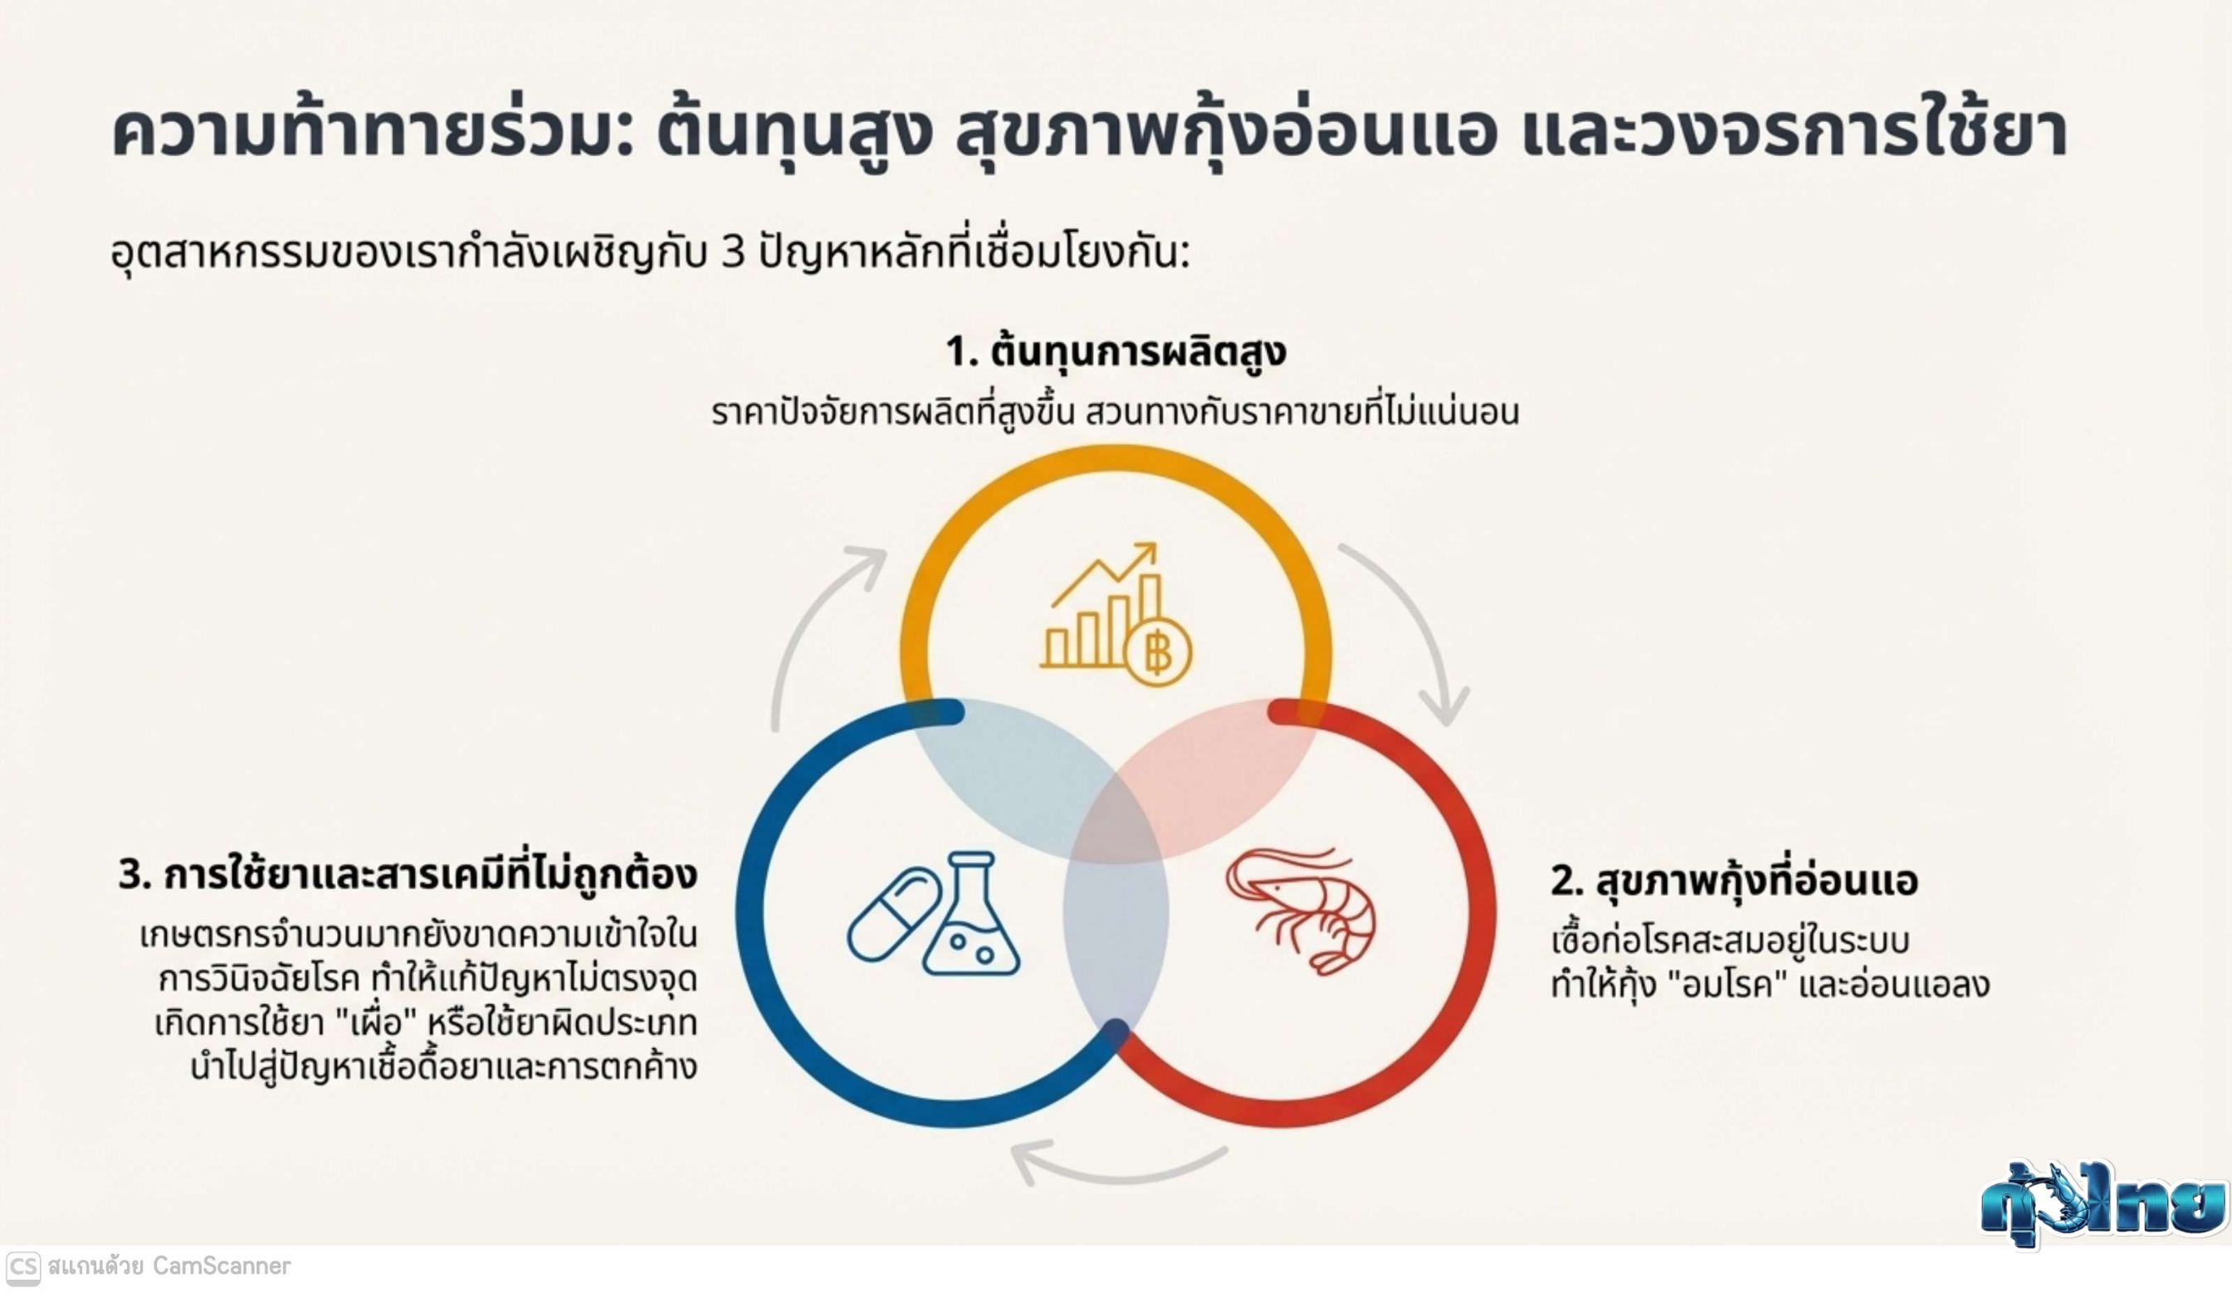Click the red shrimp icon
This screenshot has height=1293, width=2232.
(x=1302, y=911)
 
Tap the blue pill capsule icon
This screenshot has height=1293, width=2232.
(x=893, y=914)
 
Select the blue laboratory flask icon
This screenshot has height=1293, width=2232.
(x=971, y=913)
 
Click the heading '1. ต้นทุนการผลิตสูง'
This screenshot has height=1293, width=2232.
(x=1116, y=352)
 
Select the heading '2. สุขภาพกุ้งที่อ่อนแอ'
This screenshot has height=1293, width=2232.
(x=1734, y=881)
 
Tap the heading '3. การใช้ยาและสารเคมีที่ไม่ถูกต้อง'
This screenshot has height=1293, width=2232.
(x=408, y=874)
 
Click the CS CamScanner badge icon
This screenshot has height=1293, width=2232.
(x=22, y=1267)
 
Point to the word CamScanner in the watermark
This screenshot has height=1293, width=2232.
(x=222, y=1266)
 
